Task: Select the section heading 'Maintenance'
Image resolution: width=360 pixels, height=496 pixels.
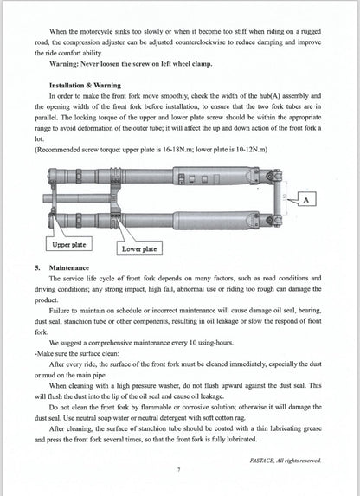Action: (x=74, y=269)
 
